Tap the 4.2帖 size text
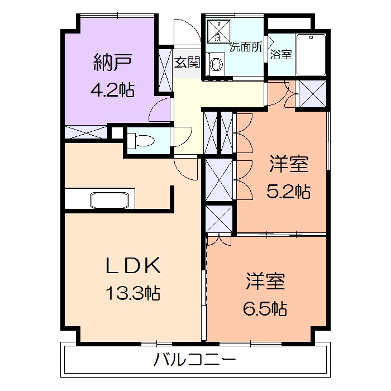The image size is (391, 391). [x=112, y=89]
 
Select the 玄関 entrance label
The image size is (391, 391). [x=187, y=62]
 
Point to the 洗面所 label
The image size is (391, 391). [x=246, y=47]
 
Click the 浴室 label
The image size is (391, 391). [x=280, y=55]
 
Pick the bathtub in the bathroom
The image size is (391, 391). [x=311, y=54]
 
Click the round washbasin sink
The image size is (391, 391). [x=216, y=65]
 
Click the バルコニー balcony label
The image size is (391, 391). [x=195, y=359]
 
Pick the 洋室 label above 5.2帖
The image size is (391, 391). [x=288, y=165]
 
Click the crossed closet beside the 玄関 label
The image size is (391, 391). [x=166, y=69]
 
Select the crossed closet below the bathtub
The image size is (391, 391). [x=310, y=93]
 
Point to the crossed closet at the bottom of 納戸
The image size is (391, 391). [x=86, y=132]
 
